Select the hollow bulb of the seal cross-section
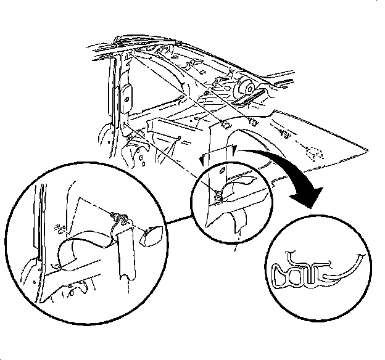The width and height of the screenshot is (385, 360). (283, 272)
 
